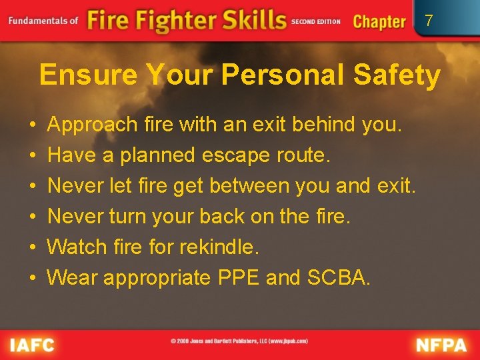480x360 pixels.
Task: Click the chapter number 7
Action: tap(429, 21)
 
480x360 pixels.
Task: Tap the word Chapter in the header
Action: tap(379, 21)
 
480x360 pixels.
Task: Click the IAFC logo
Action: tap(32, 345)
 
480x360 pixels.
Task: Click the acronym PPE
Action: tap(239, 278)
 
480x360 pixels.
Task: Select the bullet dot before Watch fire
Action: tap(33, 248)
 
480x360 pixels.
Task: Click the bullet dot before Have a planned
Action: tap(33, 156)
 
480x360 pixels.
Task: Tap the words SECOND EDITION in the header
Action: tap(315, 21)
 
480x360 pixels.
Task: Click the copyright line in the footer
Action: tap(239, 341)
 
